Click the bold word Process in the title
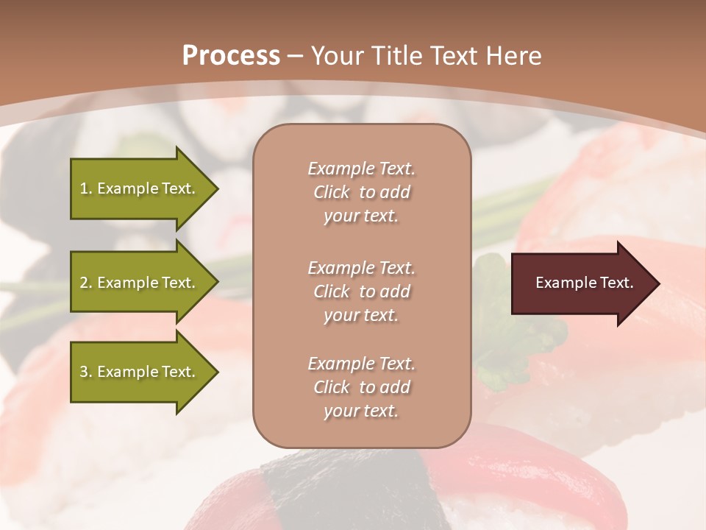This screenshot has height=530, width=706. (x=231, y=56)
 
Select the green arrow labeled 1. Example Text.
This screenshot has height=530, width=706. (x=140, y=188)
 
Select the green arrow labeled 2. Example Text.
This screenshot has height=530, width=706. (x=140, y=283)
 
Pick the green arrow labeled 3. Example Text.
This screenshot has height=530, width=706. (x=140, y=372)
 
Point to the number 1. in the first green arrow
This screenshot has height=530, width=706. (x=86, y=188)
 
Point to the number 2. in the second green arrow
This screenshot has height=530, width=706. (x=86, y=283)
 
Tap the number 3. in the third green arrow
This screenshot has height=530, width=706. (x=86, y=372)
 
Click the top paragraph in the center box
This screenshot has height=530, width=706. (x=361, y=192)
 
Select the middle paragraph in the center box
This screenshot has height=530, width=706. (x=361, y=291)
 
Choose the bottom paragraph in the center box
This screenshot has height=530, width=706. (x=361, y=387)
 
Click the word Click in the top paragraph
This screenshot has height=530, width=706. (x=331, y=192)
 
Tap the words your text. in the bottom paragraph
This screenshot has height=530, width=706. (x=361, y=411)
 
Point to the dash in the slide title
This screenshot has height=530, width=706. (x=295, y=56)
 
